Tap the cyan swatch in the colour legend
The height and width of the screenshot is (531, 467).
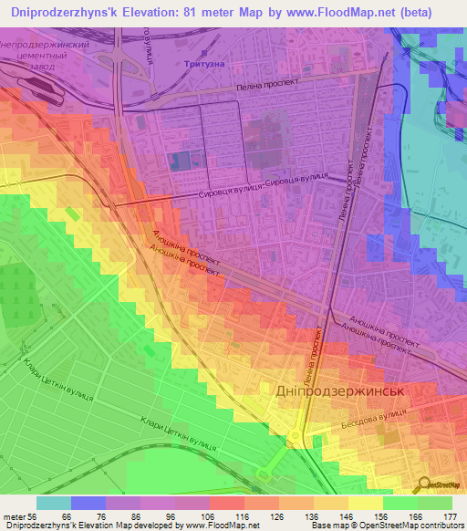pos(54,503)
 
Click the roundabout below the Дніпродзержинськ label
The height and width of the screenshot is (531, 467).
pos(296,439)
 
